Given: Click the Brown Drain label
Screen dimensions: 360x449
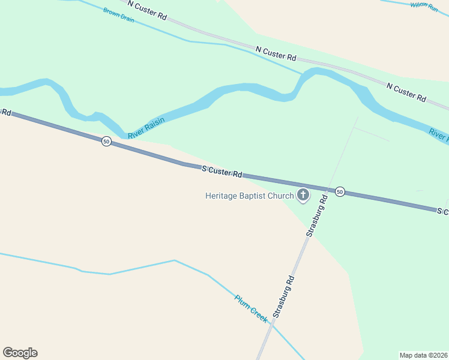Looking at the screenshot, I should [x=118, y=15].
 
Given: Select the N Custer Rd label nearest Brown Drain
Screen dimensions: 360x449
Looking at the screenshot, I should [x=147, y=11].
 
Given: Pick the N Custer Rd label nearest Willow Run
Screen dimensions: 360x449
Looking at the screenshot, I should [x=406, y=92].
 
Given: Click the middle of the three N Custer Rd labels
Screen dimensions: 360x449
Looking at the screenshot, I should [x=276, y=53].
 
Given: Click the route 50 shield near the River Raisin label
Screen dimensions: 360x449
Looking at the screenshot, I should [x=106, y=142].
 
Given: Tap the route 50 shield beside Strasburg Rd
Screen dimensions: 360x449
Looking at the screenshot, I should [x=340, y=191].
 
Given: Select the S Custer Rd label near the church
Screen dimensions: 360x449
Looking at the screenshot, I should [x=222, y=172].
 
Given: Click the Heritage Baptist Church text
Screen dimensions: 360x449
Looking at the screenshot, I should [x=250, y=196].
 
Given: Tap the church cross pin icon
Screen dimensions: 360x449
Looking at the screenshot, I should [x=303, y=195].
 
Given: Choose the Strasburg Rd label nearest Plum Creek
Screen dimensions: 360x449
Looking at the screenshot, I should [x=283, y=296].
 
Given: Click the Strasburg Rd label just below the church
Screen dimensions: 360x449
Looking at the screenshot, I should [x=316, y=215].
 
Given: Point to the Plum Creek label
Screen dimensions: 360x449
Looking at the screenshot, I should [x=252, y=308].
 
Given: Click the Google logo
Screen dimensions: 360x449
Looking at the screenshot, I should [x=20, y=353].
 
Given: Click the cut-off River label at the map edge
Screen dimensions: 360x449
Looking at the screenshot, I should [x=439, y=135].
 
